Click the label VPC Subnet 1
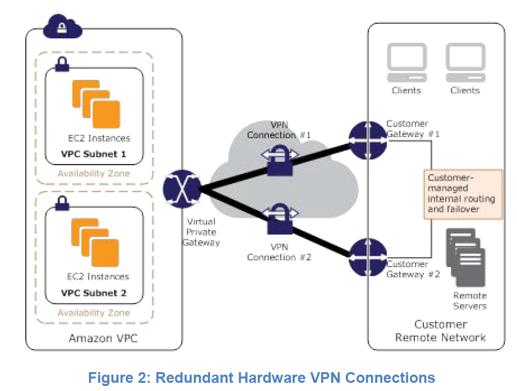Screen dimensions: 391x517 click(94, 153)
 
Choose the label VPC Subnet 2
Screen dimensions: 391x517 click(94, 293)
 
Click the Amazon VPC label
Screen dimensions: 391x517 click(103, 339)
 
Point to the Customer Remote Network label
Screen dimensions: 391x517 click(440, 331)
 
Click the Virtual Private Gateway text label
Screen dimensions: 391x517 click(202, 231)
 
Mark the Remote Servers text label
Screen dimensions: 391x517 click(470, 300)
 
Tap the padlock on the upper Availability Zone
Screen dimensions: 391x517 click(63, 63)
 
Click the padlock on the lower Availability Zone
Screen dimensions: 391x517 click(63, 202)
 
